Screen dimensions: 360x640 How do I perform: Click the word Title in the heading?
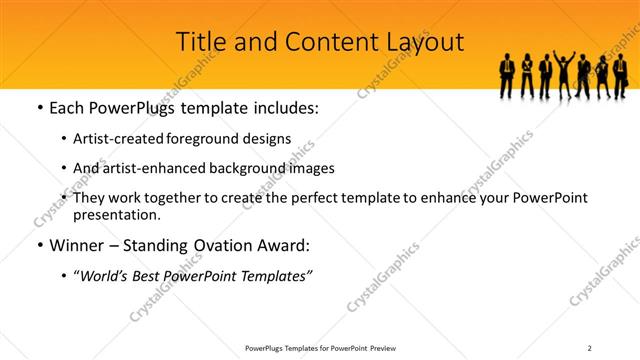[200, 42]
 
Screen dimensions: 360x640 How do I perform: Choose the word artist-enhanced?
[150, 168]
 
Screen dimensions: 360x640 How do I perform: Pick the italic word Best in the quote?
[153, 275]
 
